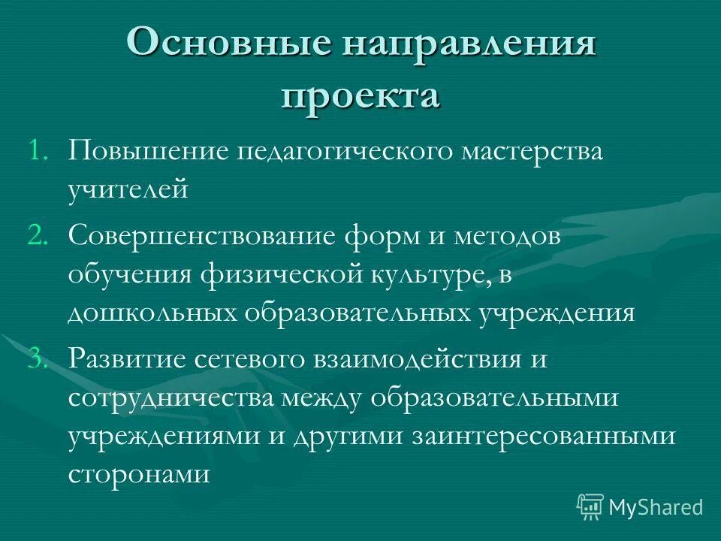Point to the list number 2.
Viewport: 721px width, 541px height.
[38, 237]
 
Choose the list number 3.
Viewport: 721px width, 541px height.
[38, 359]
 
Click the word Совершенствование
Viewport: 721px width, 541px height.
[201, 237]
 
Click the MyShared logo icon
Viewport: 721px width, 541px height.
[590, 506]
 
